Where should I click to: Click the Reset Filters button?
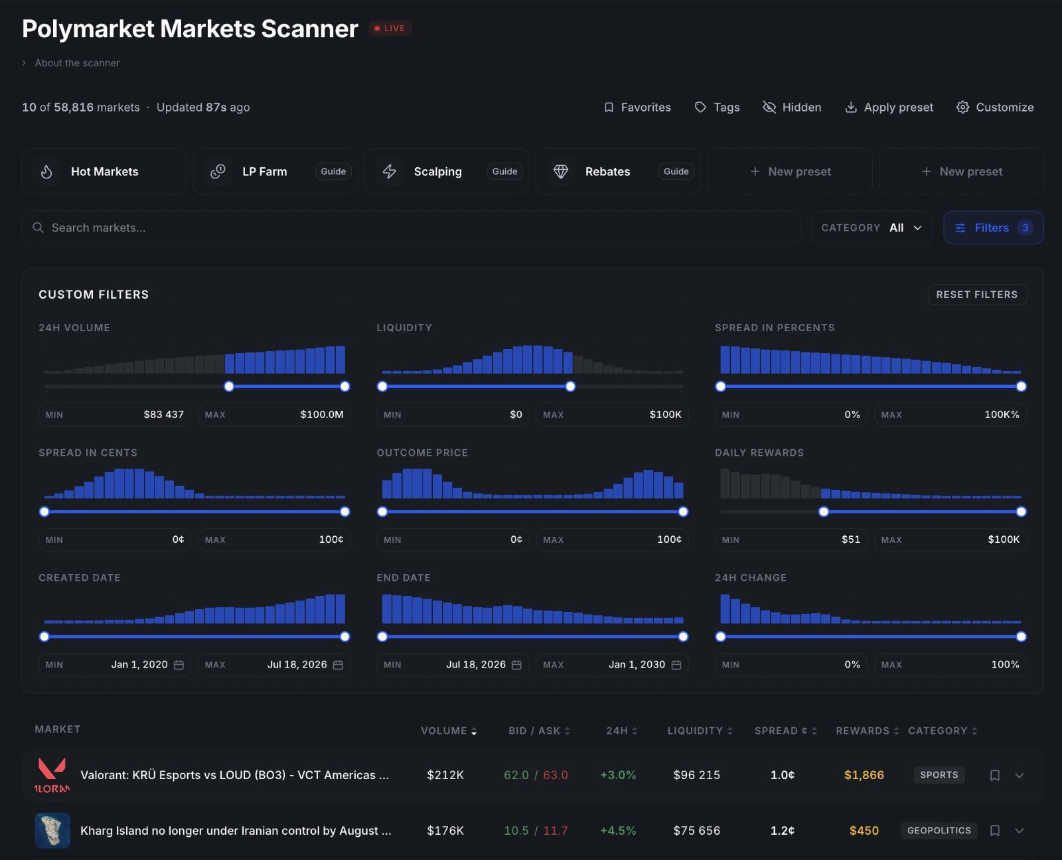[977, 295]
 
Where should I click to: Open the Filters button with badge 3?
[993, 228]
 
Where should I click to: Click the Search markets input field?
[411, 228]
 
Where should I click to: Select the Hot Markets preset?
[104, 171]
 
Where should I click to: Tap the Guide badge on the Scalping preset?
[504, 171]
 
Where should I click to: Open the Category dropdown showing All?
[872, 228]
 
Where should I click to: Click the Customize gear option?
[995, 107]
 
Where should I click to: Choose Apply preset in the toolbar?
[889, 107]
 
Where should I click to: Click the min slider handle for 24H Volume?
[229, 386]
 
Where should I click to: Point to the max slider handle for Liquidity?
[570, 386]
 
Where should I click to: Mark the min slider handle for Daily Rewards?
[824, 512]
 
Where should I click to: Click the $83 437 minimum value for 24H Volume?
[163, 414]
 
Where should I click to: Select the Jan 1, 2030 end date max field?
[612, 664]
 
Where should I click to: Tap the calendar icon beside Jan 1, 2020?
[179, 665]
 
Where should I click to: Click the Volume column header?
[449, 731]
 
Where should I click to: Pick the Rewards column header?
[867, 731]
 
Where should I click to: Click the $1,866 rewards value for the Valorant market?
[864, 775]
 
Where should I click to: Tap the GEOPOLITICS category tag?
[939, 831]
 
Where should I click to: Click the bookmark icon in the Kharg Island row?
[995, 831]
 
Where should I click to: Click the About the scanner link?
[77, 63]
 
